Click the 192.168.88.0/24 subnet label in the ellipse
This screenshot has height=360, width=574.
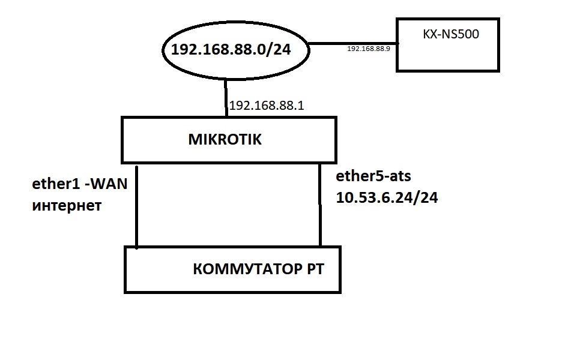point(231,49)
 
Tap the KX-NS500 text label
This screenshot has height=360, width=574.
point(451,34)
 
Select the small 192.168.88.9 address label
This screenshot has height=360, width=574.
point(369,49)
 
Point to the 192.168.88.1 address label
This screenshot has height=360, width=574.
point(267,106)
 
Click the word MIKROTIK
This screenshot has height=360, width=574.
point(225,139)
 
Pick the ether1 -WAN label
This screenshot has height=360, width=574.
point(80,184)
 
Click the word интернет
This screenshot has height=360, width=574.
point(67,206)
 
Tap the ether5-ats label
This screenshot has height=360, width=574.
point(373,176)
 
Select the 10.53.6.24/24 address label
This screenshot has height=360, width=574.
point(387,197)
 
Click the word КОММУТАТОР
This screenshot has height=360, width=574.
point(247,269)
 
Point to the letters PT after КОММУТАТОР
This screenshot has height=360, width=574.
point(315,269)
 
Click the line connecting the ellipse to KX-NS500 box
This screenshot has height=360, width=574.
point(353,44)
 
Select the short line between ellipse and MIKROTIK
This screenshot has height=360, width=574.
point(226,98)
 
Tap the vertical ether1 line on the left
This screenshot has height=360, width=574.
point(136,207)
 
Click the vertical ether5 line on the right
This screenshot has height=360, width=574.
point(320,205)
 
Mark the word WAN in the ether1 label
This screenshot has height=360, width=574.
point(109,184)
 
